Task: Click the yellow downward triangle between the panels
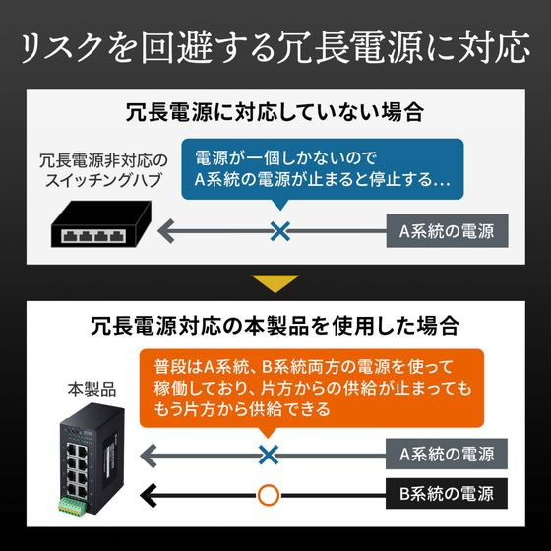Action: (x=275, y=283)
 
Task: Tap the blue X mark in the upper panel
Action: (x=280, y=231)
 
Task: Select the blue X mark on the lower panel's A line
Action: (x=269, y=455)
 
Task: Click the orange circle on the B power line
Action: (x=269, y=495)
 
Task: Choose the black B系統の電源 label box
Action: (x=447, y=493)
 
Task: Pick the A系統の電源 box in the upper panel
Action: (x=447, y=231)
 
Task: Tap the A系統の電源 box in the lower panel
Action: (x=447, y=454)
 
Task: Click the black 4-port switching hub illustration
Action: (x=101, y=224)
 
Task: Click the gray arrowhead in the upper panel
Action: (x=166, y=231)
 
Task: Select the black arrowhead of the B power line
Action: (x=148, y=495)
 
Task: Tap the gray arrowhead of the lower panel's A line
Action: (x=148, y=456)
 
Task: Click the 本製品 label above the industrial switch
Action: (x=92, y=390)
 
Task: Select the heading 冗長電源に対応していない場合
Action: (x=275, y=112)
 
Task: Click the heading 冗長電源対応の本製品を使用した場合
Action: (x=275, y=326)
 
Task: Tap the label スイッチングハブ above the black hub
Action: (x=103, y=180)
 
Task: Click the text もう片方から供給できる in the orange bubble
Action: (x=242, y=409)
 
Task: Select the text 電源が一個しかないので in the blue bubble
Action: (x=285, y=158)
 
